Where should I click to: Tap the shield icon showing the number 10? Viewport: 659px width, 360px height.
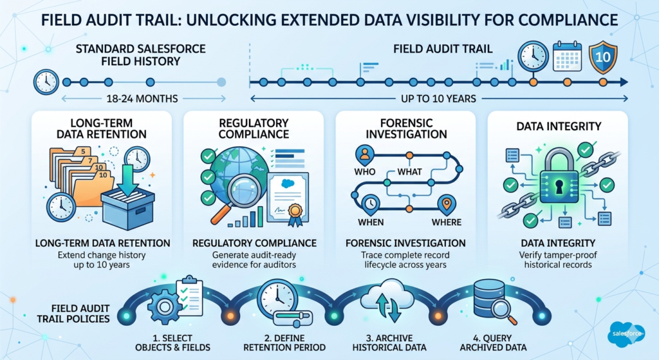[x=603, y=57]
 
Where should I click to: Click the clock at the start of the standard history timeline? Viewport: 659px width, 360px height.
[x=47, y=82]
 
